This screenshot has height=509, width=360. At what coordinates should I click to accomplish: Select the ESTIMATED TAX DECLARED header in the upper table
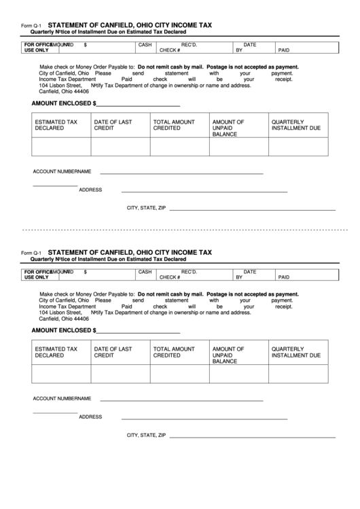point(56,125)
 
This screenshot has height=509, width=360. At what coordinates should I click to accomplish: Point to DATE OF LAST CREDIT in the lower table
point(113,352)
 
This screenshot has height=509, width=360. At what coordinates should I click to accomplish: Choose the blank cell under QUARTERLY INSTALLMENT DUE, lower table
point(298,374)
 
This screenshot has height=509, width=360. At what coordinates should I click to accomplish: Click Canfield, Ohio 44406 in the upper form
point(64,92)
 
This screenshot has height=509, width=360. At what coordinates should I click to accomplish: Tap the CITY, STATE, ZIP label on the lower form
point(146,435)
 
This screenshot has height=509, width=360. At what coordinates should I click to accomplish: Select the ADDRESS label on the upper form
point(90,190)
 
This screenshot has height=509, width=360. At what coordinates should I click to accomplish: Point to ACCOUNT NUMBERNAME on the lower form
point(62,398)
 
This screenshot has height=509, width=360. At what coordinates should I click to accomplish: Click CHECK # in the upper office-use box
point(169,50)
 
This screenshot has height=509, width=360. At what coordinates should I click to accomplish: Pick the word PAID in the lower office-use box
point(283,277)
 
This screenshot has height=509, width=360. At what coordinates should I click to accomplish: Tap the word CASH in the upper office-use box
point(145,44)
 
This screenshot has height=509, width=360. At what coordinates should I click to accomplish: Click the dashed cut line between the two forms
point(180,230)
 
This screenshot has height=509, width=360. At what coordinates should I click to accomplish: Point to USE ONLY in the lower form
point(37,277)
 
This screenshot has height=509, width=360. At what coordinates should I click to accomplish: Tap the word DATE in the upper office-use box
point(249,44)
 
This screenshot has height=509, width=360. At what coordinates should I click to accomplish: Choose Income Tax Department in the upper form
point(67,79)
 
